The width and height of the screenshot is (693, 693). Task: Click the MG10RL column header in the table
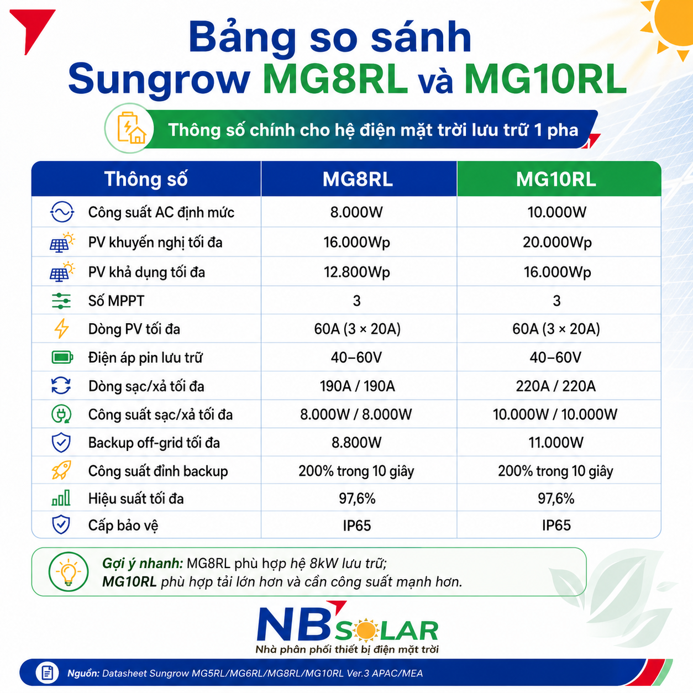pos(556,179)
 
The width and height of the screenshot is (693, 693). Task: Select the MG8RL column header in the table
pos(358,179)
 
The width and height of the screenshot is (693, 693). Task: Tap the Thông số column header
pos(146,179)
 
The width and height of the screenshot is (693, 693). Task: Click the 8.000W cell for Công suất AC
pos(356,212)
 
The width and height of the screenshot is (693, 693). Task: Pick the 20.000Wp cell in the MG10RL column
pos(557,243)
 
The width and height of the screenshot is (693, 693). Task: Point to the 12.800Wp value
pos(357,272)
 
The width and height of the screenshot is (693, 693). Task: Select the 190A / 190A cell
pos(358,386)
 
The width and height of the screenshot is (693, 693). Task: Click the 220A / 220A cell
pos(556,386)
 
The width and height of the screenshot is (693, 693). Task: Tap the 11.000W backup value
pos(556,442)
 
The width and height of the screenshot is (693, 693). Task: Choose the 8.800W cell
pos(356,442)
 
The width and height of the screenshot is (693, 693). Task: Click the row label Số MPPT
pos(116,301)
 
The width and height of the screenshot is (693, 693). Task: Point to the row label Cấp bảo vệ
pos(123,526)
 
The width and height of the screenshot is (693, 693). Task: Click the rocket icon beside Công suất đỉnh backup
pos(61,470)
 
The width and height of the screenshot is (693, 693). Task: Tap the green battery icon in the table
pos(62,358)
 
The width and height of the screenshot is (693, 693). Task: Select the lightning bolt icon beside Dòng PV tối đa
pos(61,329)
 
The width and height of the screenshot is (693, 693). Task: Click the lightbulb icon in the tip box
pos(69,572)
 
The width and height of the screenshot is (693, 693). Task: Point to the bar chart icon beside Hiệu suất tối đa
pos(61,498)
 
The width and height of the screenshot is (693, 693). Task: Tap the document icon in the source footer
pos(47,673)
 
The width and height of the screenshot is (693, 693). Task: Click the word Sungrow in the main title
pos(159,79)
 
